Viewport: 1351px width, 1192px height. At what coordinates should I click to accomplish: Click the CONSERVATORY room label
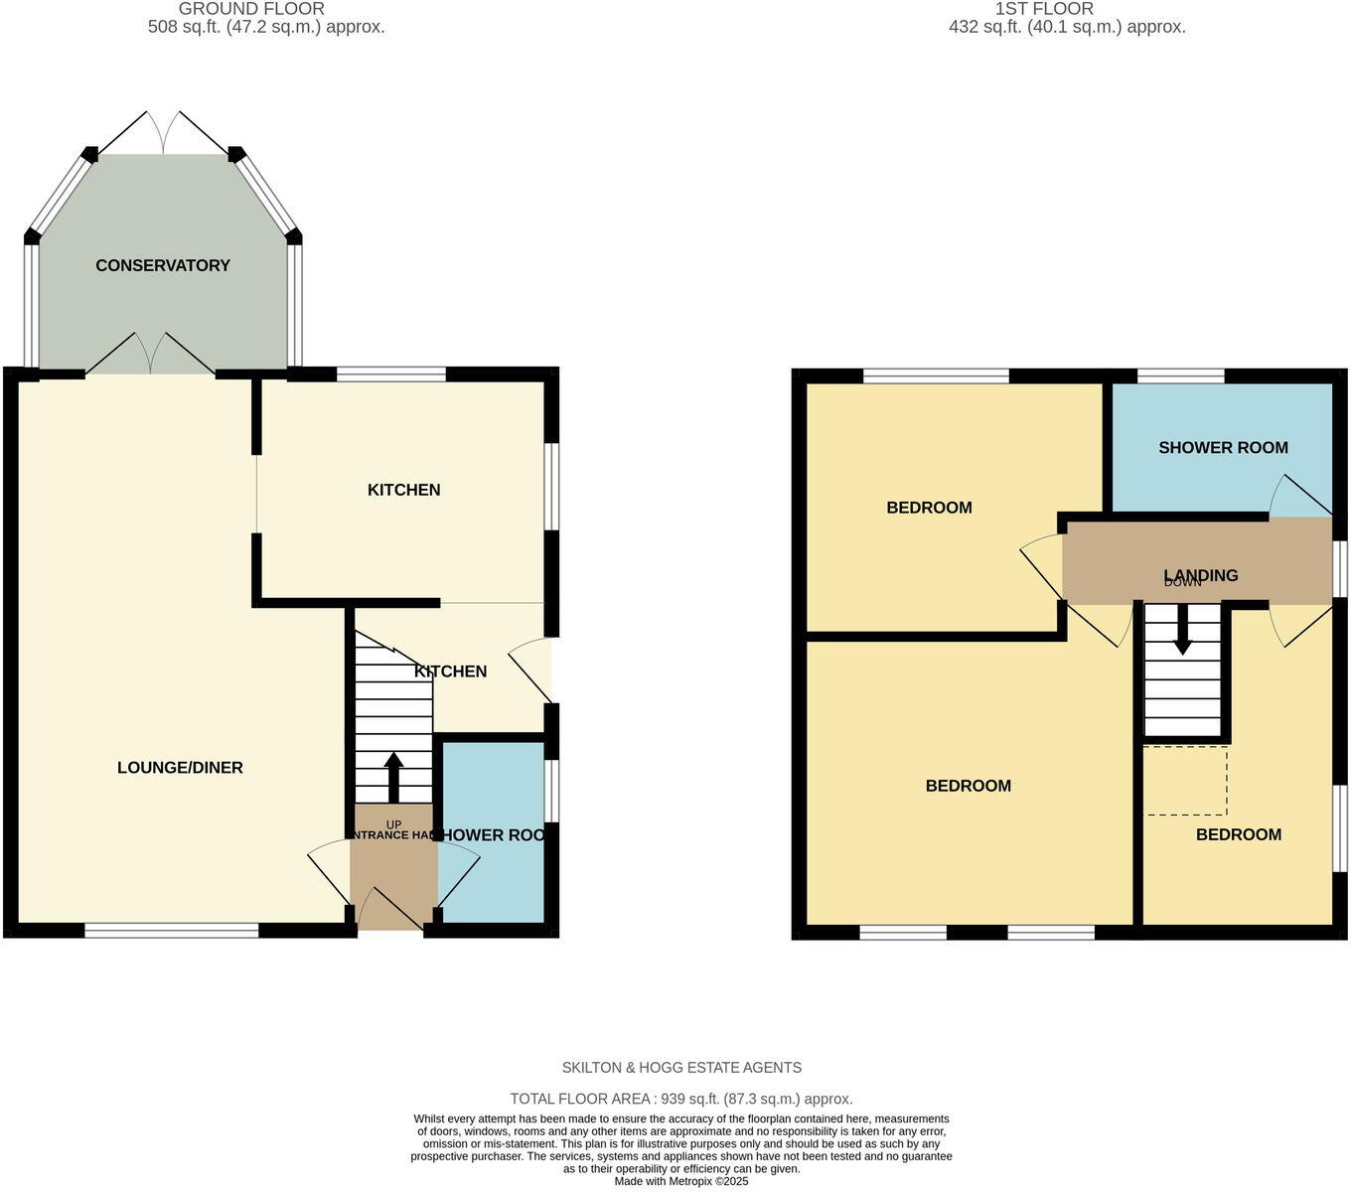[163, 265]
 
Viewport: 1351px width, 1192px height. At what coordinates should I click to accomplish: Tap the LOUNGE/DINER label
[180, 768]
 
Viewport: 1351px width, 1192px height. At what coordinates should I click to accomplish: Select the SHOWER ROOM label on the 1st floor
[1223, 448]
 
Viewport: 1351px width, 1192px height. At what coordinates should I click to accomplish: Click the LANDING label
[1201, 575]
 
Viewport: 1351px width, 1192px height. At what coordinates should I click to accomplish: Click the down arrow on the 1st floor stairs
[1182, 631]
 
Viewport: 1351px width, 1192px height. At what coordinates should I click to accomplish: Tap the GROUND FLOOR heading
[251, 9]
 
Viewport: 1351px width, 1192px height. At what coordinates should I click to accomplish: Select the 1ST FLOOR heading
[1044, 9]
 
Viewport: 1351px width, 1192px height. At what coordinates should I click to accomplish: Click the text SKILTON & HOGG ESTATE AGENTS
[681, 1068]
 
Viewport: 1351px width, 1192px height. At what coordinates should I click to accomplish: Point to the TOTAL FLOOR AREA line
[681, 1099]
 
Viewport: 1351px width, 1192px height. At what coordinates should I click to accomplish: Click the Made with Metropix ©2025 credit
[681, 1181]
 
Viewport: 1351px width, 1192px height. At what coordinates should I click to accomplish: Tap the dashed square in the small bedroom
[1186, 781]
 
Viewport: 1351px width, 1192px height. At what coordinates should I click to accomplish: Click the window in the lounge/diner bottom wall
[171, 931]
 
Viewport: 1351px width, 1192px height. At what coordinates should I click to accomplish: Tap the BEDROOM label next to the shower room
[929, 508]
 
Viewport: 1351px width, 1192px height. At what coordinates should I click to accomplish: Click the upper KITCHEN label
[403, 490]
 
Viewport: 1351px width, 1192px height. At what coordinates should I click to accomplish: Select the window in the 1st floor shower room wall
[1180, 375]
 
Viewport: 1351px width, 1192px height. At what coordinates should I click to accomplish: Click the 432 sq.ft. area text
[1067, 27]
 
